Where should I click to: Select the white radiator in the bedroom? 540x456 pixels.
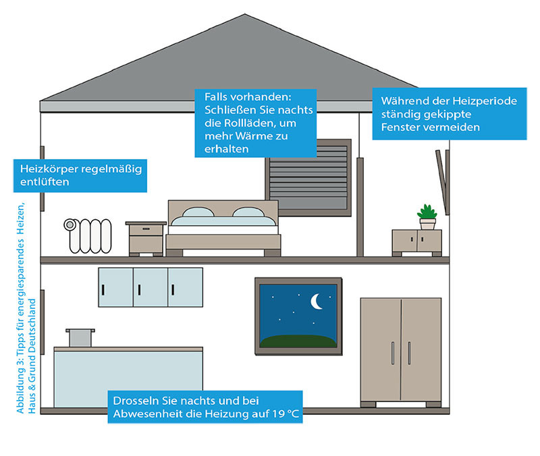tap(88, 235)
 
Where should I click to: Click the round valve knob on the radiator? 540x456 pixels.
tap(70, 225)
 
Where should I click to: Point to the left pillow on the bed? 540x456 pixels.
tap(198, 212)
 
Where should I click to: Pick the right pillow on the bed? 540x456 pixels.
tap(248, 212)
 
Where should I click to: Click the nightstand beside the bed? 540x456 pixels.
tap(146, 239)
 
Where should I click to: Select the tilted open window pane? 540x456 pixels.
tap(441, 181)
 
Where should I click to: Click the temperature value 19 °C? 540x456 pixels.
tap(285, 414)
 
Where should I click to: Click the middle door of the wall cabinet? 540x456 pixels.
tap(151, 287)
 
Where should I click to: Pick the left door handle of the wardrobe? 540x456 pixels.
tap(393, 353)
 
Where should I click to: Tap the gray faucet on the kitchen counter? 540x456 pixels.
tap(80, 337)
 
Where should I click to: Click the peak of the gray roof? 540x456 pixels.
tap(245, 14)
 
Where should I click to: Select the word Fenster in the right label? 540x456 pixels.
tap(400, 127)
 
